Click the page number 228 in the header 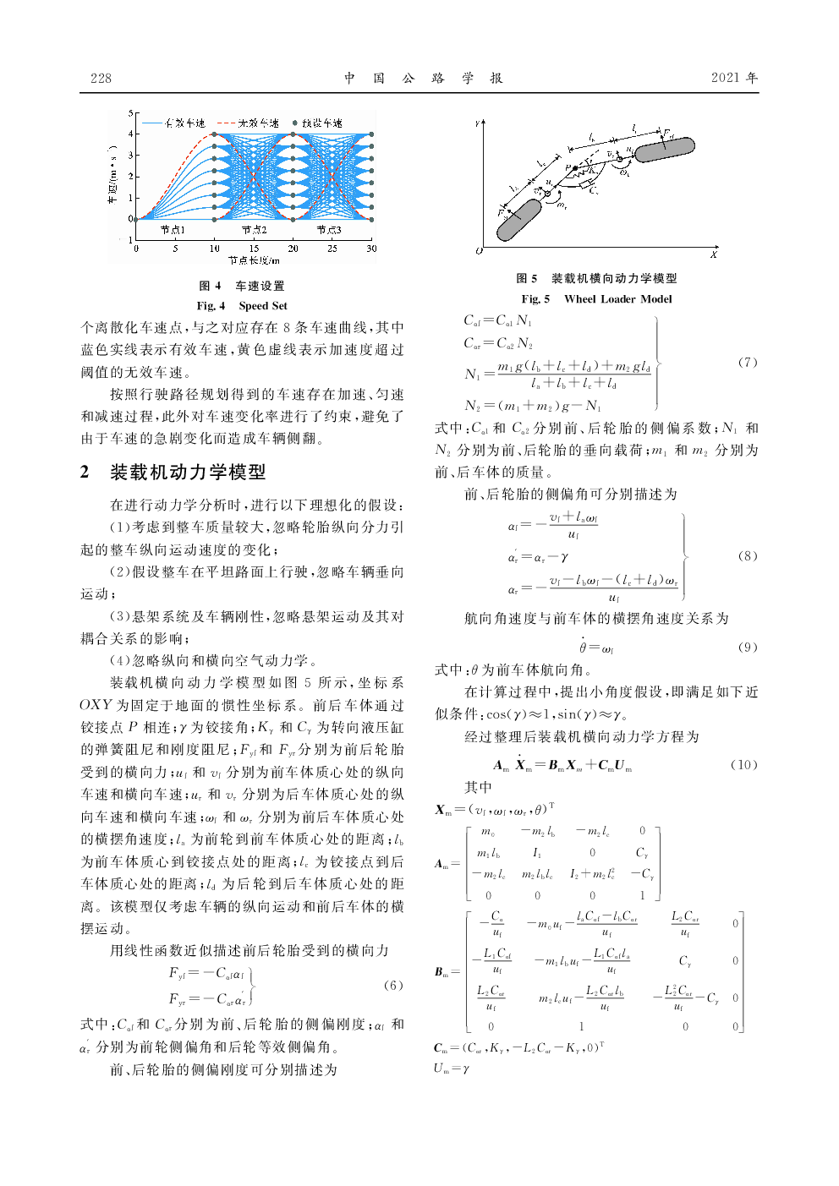[101, 78]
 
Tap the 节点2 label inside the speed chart [255, 229]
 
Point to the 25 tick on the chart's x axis [332, 249]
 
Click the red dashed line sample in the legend [226, 123]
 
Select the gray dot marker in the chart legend [294, 123]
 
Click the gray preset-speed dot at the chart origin [136, 219]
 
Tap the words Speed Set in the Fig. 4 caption [263, 306]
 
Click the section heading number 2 [85, 472]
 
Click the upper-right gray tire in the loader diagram [665, 150]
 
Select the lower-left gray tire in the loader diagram [518, 219]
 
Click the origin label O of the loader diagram [479, 251]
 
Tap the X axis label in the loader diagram [714, 254]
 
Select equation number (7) [748, 362]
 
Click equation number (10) [743, 764]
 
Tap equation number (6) [393, 985]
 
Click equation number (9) [748, 647]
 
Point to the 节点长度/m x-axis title [254, 260]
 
